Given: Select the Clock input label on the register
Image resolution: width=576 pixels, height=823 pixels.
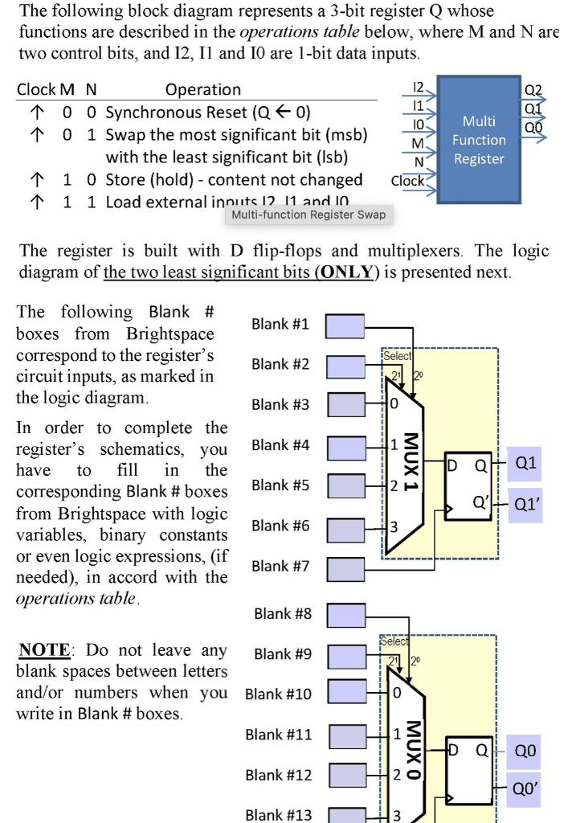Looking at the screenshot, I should (407, 182).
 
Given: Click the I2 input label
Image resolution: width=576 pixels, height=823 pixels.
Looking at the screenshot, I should (417, 85).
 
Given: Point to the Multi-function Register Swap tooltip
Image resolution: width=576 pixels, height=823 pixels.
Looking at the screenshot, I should (308, 215).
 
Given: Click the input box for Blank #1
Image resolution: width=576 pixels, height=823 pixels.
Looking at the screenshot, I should (345, 326).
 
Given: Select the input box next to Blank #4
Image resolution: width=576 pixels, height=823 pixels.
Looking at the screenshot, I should (348, 446).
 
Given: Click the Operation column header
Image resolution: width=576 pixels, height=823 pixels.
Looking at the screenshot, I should (202, 90).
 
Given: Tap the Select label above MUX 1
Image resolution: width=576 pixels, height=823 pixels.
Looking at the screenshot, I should (398, 355).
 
